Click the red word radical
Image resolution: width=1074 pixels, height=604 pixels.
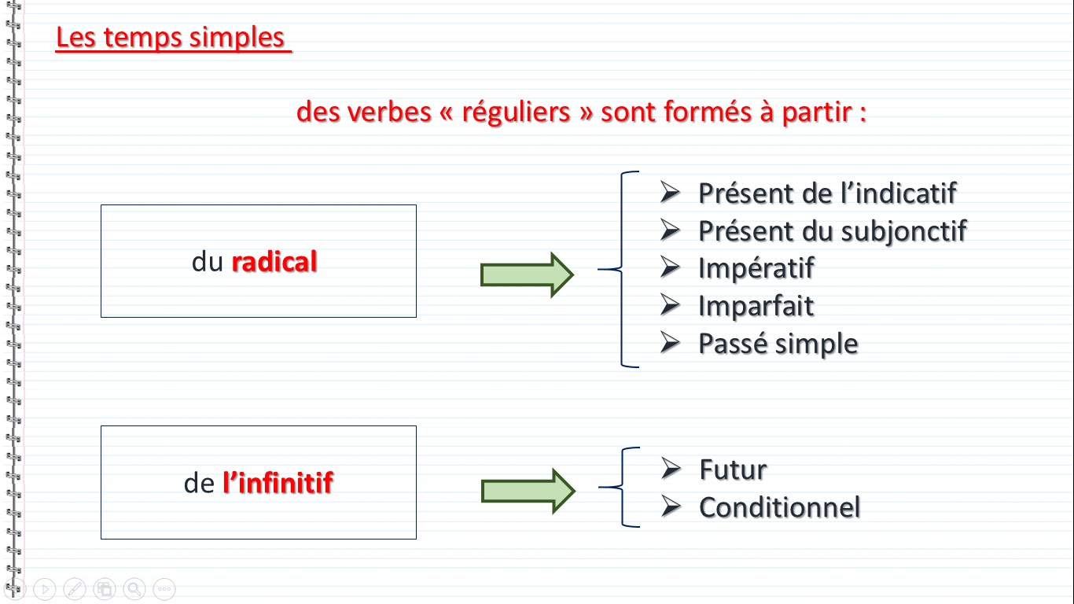click(x=274, y=261)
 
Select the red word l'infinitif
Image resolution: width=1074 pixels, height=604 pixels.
click(x=278, y=483)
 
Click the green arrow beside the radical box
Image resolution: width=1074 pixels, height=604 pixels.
click(x=527, y=275)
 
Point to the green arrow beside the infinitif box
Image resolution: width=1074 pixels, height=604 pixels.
click(x=528, y=492)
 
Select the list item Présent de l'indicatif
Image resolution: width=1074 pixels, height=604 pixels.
click(x=828, y=193)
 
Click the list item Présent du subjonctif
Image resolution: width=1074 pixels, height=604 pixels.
click(x=833, y=232)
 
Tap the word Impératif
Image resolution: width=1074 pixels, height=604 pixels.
click(x=756, y=268)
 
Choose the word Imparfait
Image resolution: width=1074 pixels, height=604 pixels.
click(x=756, y=306)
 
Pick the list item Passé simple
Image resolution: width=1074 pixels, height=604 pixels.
click(x=778, y=344)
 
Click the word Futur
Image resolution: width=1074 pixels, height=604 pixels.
click(x=733, y=470)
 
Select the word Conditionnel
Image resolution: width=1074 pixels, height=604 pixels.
click(x=780, y=507)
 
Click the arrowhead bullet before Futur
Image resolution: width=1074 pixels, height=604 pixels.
click(x=671, y=469)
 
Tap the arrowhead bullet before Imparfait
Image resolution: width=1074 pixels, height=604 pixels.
click(x=670, y=305)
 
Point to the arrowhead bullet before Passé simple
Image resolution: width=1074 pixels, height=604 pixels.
click(x=670, y=343)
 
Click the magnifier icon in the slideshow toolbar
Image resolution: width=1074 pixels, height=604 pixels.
click(x=134, y=588)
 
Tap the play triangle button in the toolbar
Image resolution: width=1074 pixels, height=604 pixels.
click(x=45, y=588)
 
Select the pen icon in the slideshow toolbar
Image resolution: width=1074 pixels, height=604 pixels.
click(x=75, y=588)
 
